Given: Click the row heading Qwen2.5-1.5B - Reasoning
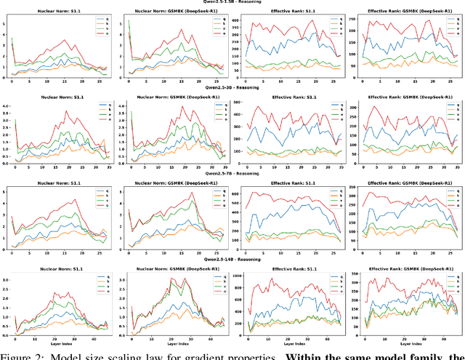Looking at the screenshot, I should point(232,3).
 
